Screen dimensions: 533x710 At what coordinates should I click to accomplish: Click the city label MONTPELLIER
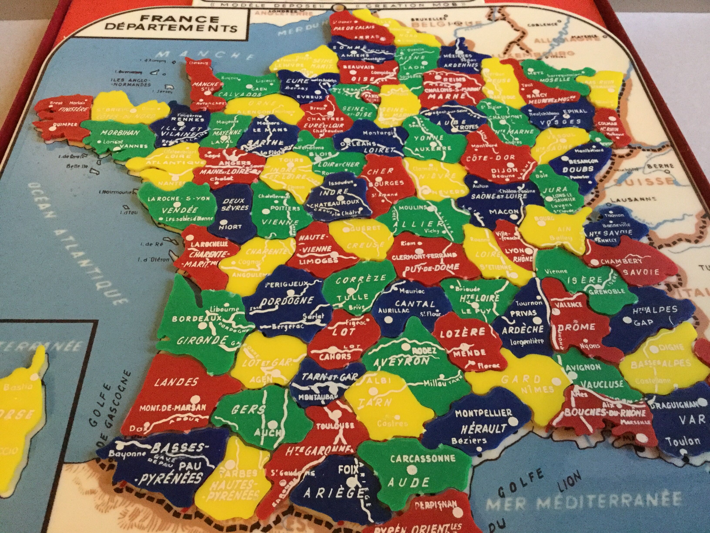click(x=483, y=413)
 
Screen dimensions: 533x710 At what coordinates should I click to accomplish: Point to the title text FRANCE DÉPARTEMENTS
click(x=170, y=23)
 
